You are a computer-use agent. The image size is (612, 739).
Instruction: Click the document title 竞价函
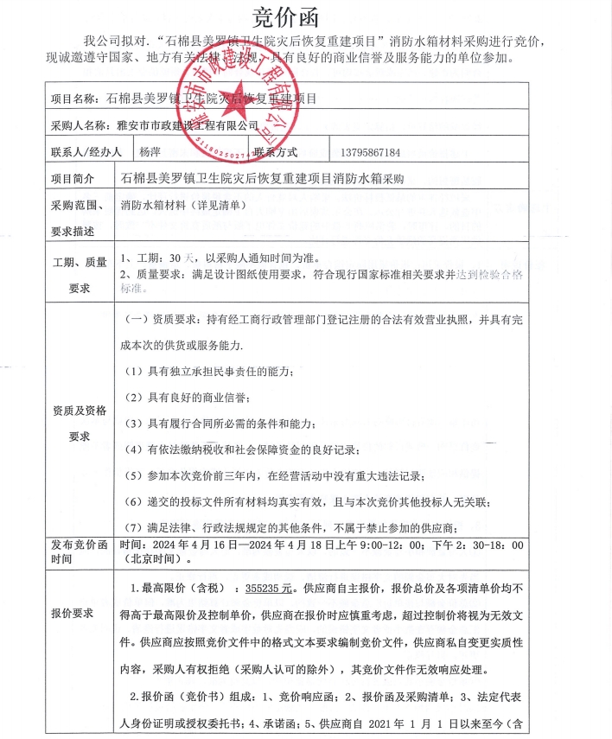click(284, 16)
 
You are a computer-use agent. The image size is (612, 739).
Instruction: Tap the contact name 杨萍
click(150, 152)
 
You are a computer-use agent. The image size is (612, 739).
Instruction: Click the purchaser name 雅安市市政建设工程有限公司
click(187, 125)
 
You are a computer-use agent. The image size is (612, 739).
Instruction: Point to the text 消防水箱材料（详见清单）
click(183, 207)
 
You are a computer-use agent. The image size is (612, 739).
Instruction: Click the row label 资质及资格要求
click(80, 423)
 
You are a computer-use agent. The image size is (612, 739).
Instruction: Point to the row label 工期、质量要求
click(80, 275)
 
